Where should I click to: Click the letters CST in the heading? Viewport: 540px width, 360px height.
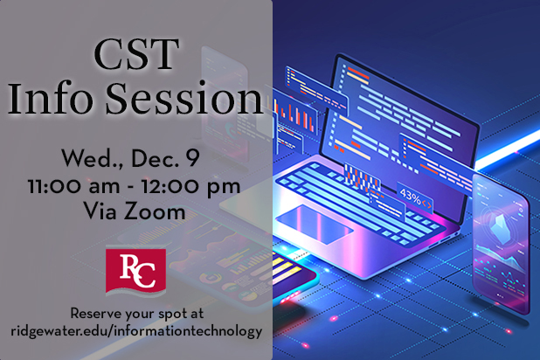click(136, 54)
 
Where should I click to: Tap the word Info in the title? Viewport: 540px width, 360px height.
click(51, 98)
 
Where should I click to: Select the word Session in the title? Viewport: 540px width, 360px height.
click(184, 98)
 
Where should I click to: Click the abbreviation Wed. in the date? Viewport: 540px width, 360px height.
click(93, 159)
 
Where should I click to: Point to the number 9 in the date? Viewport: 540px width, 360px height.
click(192, 158)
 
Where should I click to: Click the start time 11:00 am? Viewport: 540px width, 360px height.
click(74, 186)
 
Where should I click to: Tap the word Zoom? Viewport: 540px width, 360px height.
click(155, 211)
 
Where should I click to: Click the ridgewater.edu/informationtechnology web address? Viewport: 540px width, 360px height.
click(136, 331)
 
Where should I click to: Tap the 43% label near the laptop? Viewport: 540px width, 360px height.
click(410, 197)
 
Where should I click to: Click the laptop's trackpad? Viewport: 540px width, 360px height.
click(315, 225)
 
